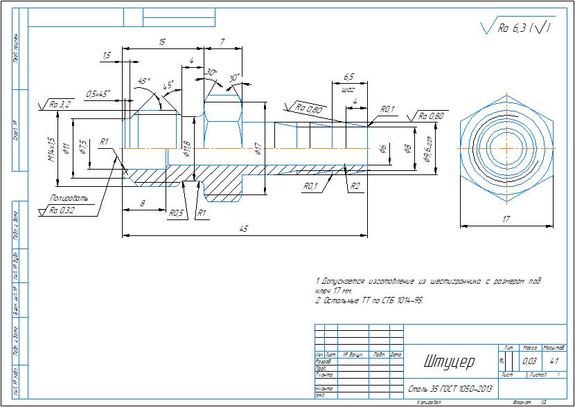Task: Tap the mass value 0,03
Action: (530, 361)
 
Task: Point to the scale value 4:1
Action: (554, 361)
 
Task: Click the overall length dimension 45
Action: (245, 230)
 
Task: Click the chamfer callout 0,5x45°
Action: (98, 93)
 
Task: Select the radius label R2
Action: (355, 186)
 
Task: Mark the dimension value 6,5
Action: (348, 77)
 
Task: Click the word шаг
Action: (348, 89)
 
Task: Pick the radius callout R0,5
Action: (176, 214)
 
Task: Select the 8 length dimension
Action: (143, 203)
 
